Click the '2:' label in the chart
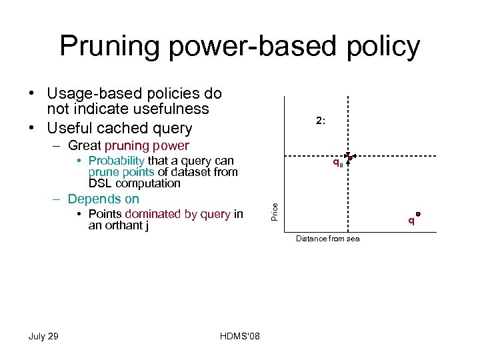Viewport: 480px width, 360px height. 321,121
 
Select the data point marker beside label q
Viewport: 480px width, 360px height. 418,215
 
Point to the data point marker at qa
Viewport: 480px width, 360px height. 349,158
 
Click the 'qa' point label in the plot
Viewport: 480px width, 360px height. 338,163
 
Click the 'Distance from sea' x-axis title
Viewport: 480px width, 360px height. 327,239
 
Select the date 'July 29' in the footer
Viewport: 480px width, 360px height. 43,336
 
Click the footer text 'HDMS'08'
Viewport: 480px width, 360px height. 240,336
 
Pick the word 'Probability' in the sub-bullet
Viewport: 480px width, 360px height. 116,161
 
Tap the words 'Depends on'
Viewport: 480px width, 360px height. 103,199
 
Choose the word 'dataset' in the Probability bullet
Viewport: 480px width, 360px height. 190,172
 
